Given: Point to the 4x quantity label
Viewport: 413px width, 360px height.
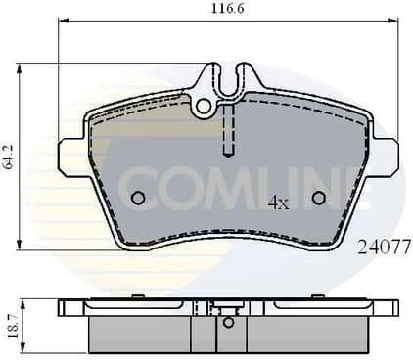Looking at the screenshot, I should (278, 203).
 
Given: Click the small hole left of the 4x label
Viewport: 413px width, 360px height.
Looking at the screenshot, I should (138, 198).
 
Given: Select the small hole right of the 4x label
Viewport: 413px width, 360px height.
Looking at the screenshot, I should (318, 198).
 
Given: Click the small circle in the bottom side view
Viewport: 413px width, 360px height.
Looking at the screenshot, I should (228, 321).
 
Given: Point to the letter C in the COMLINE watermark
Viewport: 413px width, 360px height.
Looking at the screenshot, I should (136, 185).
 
